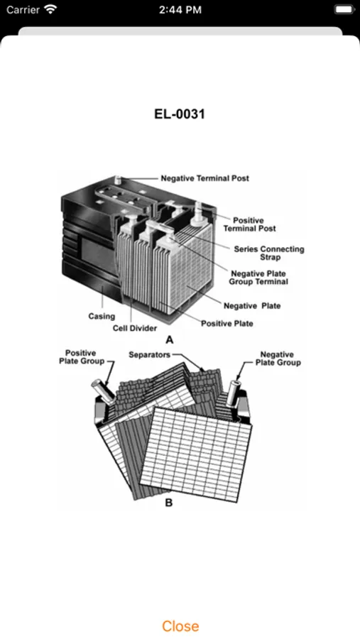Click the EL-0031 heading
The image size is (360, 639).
coord(180,114)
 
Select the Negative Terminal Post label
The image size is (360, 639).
coord(204,178)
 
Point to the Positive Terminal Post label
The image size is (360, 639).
coord(249,224)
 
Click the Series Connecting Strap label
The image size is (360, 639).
coord(269,253)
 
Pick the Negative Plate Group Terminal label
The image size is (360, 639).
coord(258,278)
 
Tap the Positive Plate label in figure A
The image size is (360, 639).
coord(227,324)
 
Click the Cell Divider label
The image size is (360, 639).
coord(135,328)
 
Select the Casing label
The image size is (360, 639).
coord(102,316)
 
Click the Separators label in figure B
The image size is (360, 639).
coord(149,354)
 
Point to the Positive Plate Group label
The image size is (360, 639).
coord(82,357)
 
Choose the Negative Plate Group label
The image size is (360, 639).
coord(278,359)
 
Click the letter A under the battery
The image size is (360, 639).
coord(169,340)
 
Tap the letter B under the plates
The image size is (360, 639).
coord(169,503)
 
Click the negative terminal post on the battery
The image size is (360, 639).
coord(118,180)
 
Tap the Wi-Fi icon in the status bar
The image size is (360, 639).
coord(50,9)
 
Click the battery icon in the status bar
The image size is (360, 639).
coord(344,9)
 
